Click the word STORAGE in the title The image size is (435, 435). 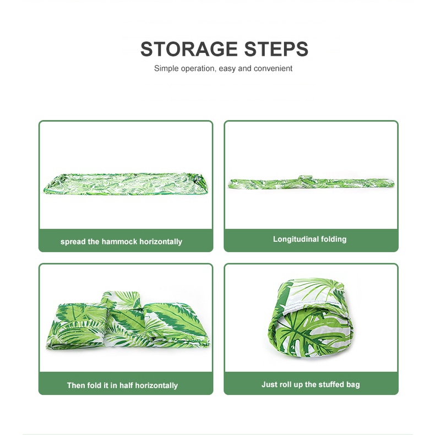click(x=189, y=49)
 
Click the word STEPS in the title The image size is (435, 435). click(x=276, y=49)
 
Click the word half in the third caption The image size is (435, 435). click(x=126, y=385)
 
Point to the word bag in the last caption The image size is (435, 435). click(x=353, y=385)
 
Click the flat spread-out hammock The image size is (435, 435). click(x=126, y=184)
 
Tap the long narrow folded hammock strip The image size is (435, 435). click(x=311, y=183)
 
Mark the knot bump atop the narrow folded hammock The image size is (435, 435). click(x=304, y=178)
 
